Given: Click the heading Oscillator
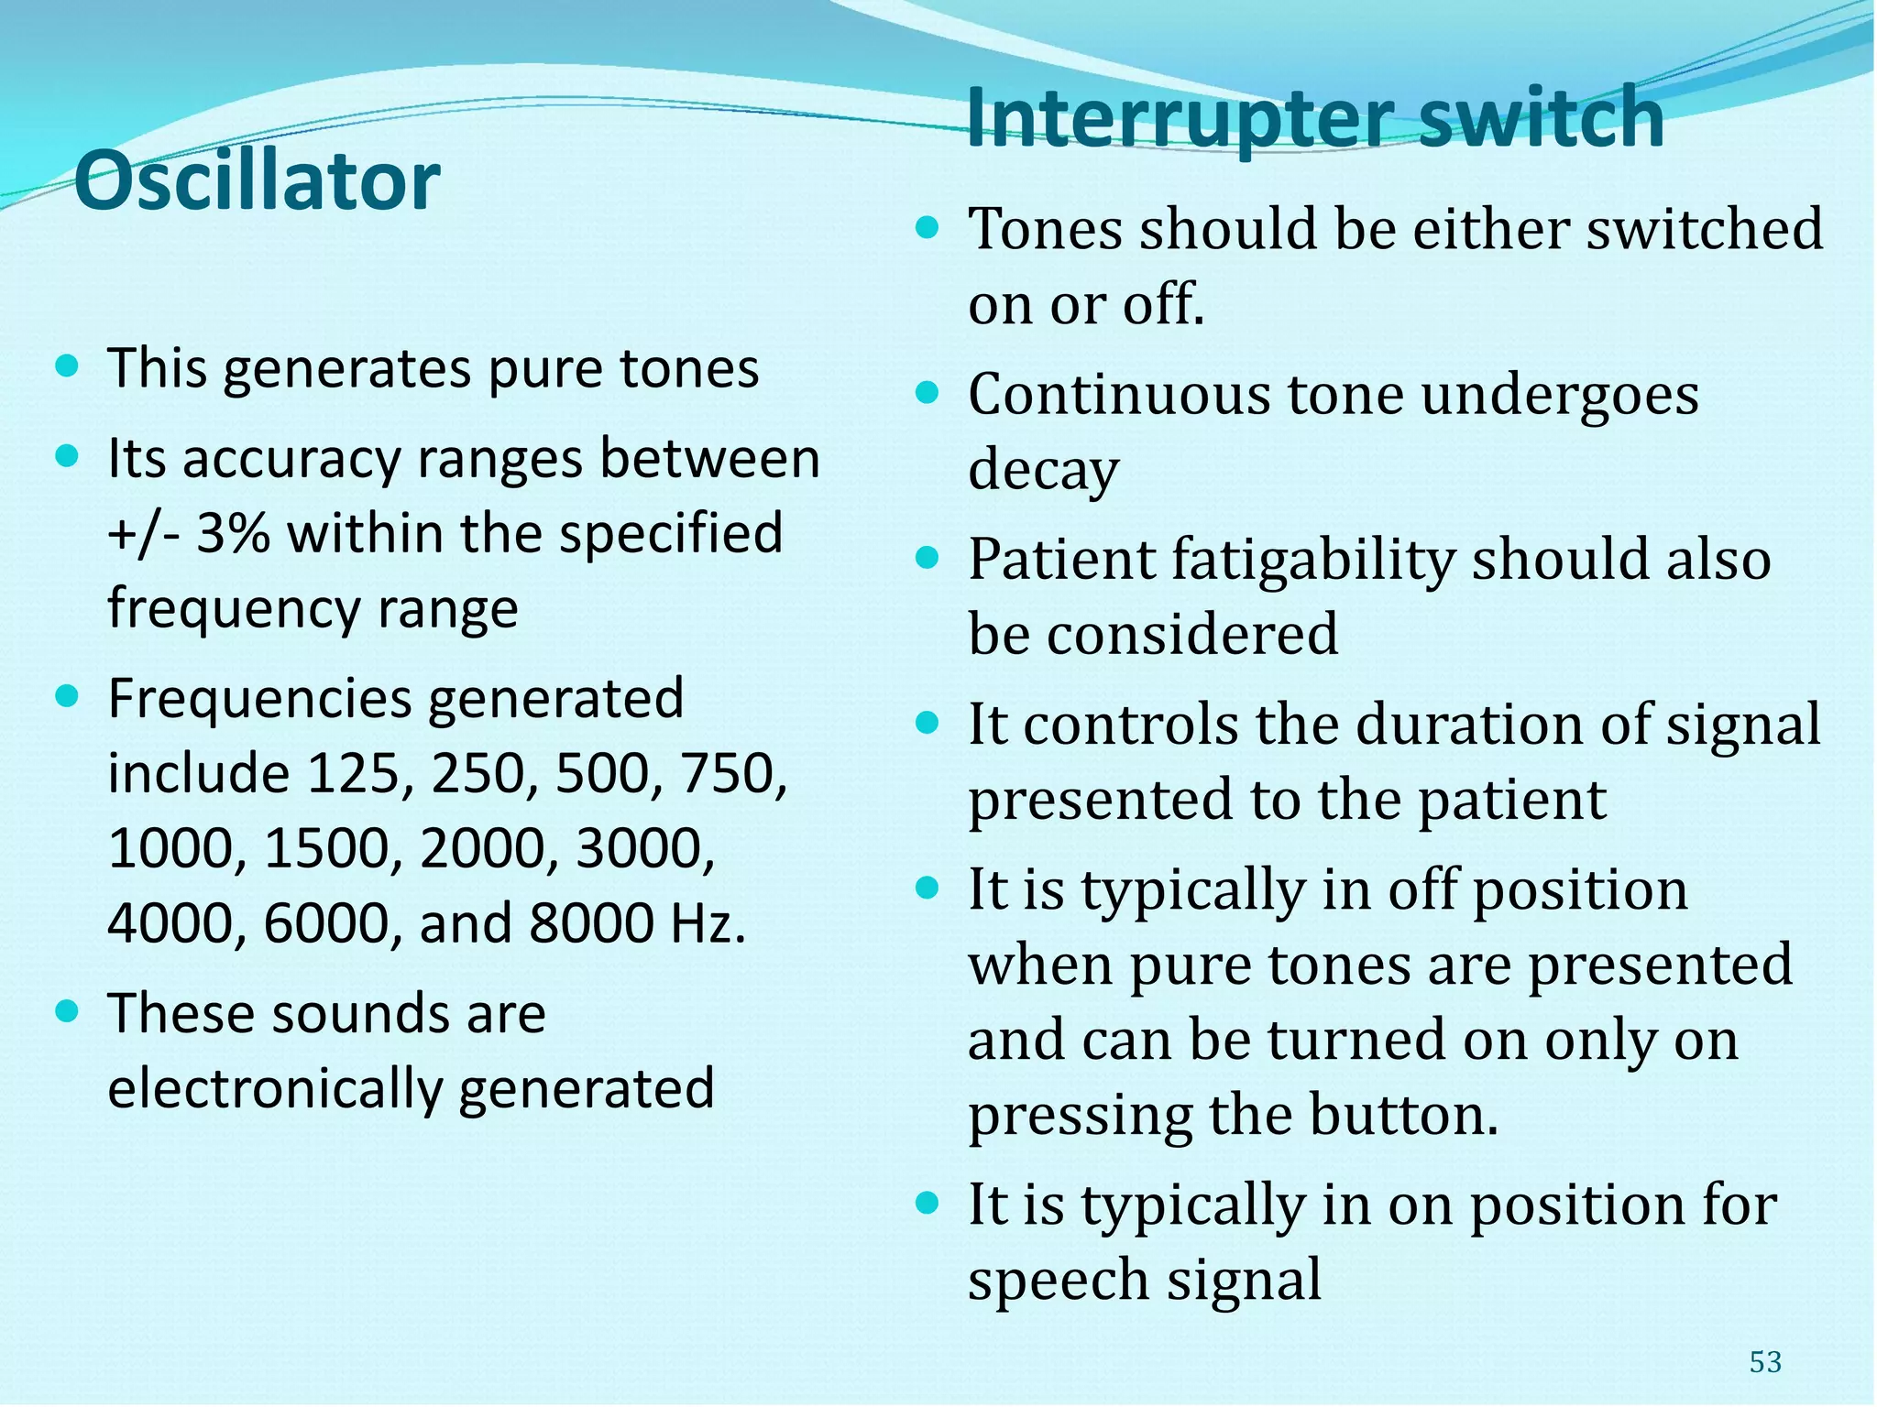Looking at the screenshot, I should [257, 181].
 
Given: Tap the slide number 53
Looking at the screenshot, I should [1765, 1362].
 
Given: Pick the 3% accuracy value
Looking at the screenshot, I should [233, 533].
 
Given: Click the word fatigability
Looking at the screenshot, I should [1303, 559].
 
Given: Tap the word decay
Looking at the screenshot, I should [1043, 471].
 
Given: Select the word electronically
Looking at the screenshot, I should [276, 1088].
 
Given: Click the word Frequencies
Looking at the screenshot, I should [259, 699].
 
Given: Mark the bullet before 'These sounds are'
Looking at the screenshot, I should [67, 1012].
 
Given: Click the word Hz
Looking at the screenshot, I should [707, 923].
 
